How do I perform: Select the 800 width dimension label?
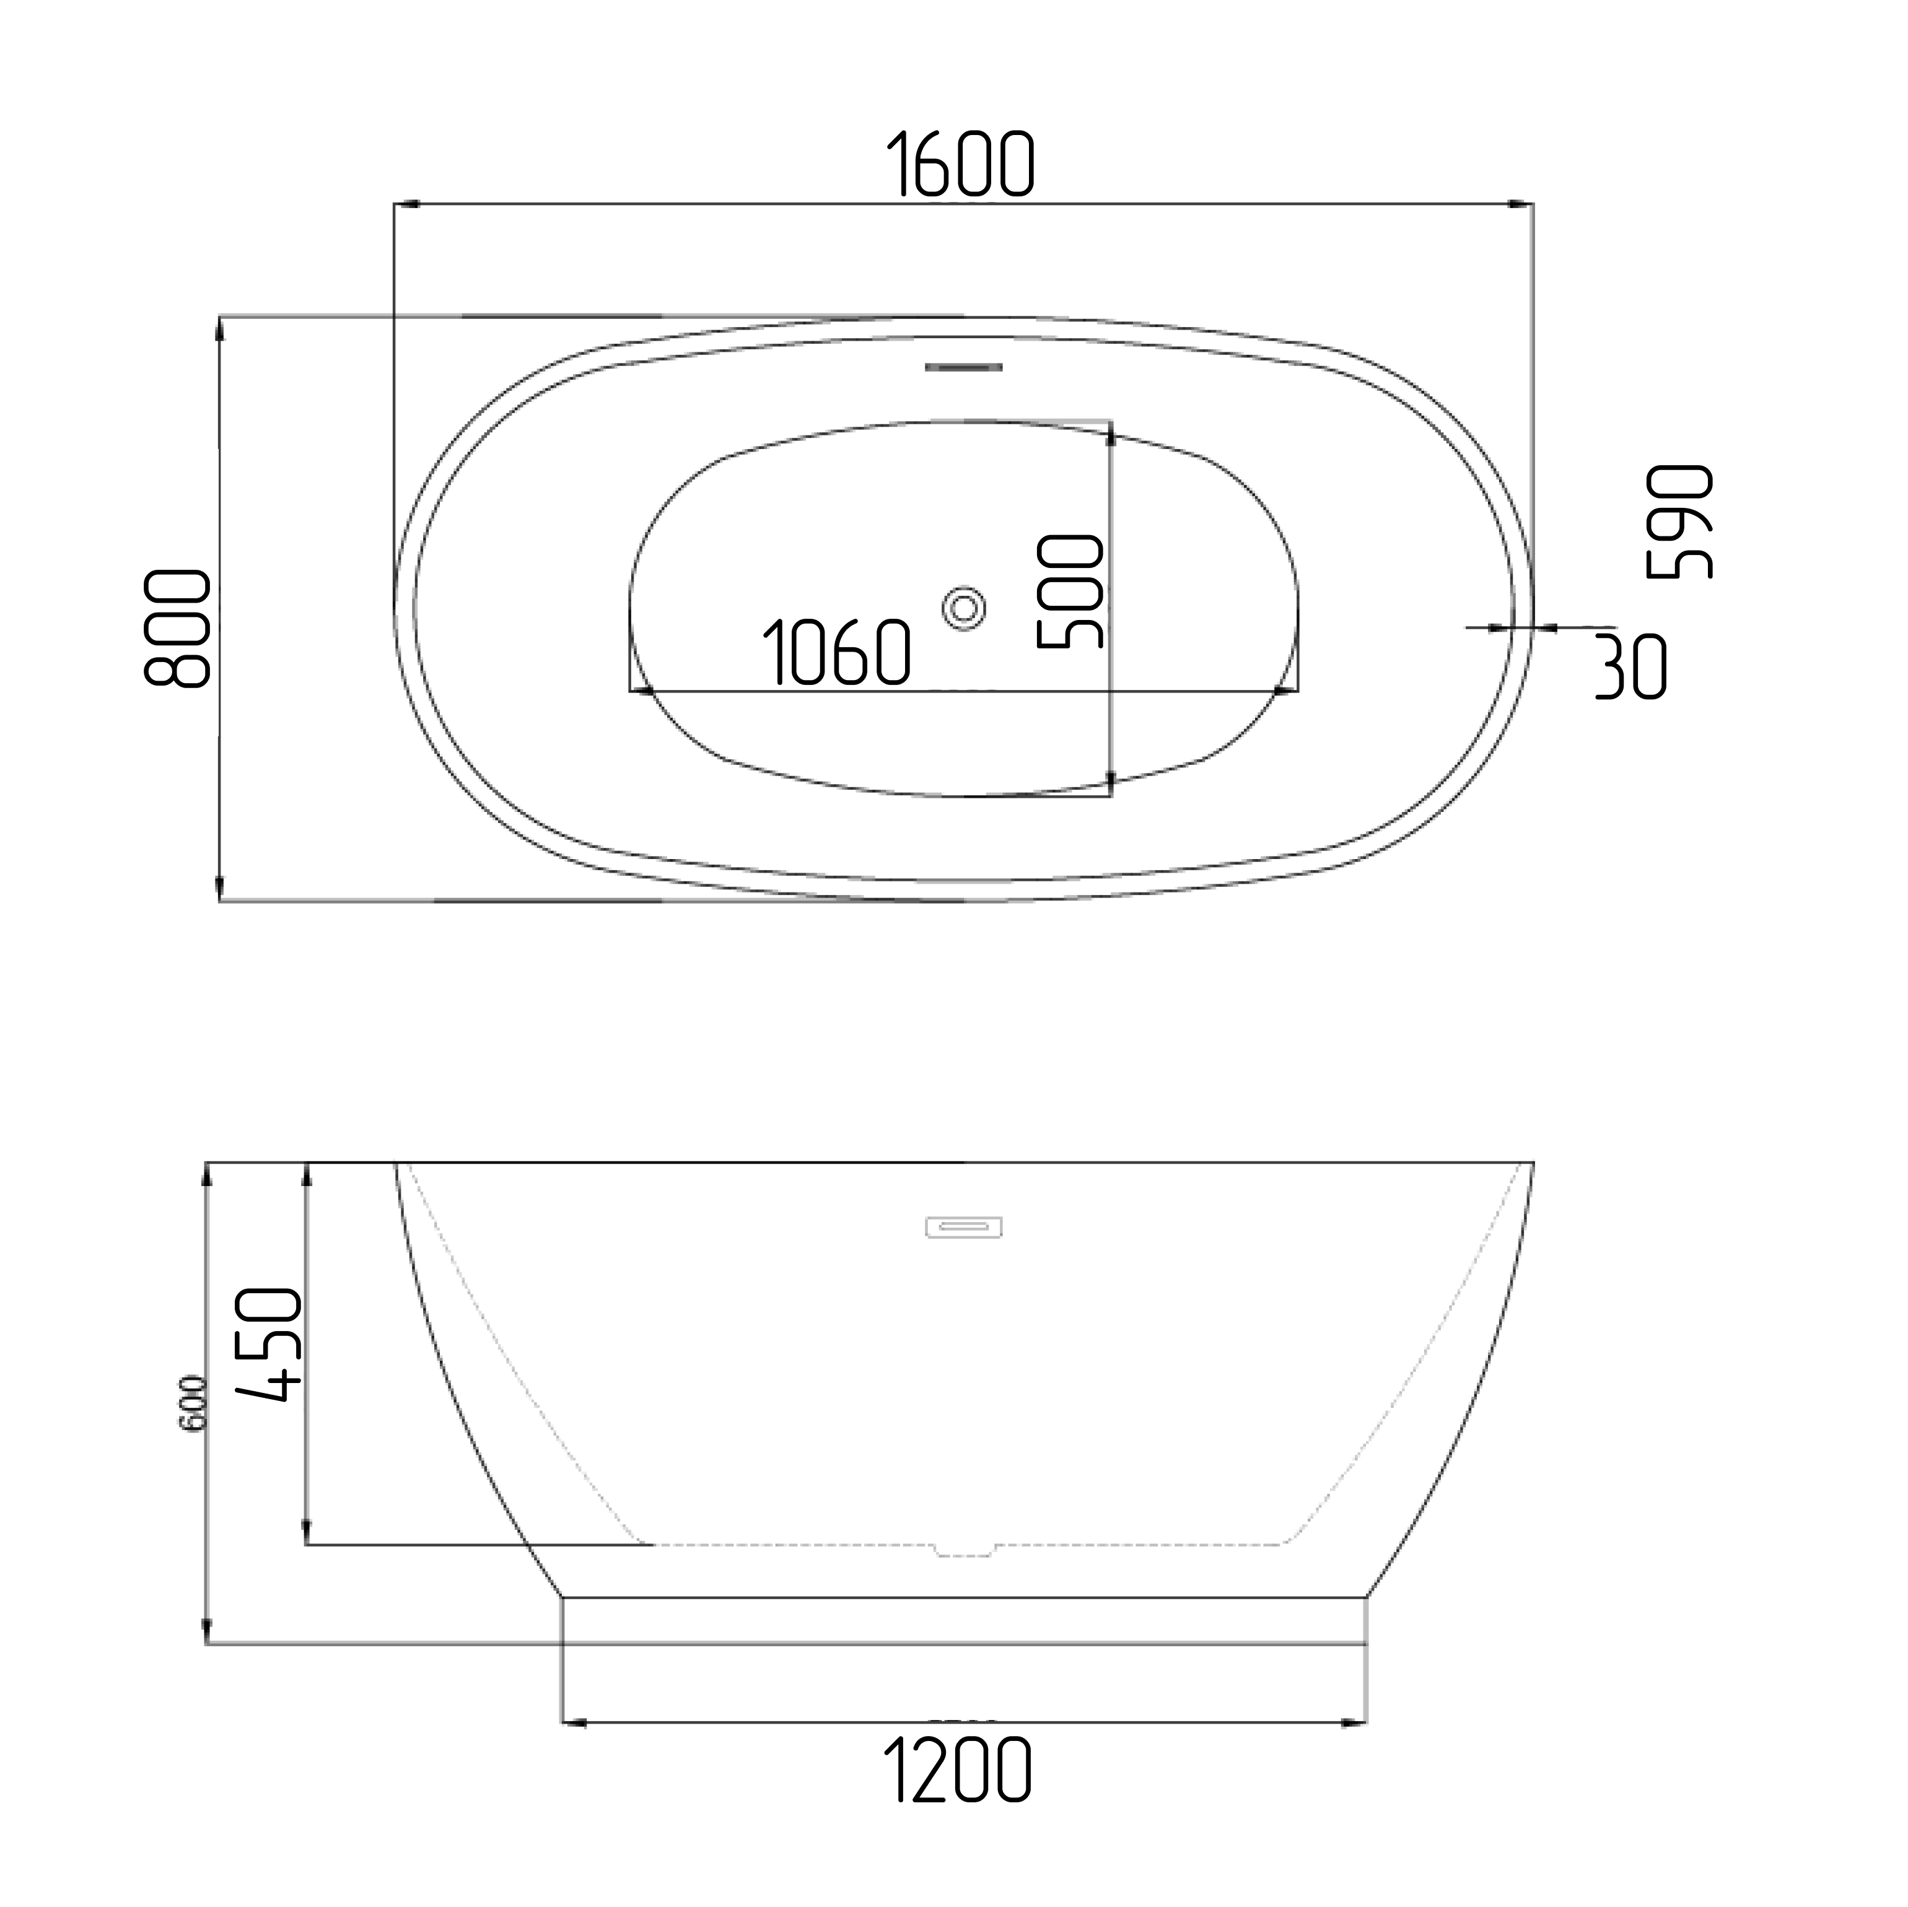pyautogui.click(x=178, y=628)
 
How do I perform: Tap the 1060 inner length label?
pyautogui.click(x=836, y=652)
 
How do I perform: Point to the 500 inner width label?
pyautogui.click(x=1070, y=591)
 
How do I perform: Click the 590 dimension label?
pyautogui.click(x=1680, y=521)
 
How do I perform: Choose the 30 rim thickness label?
pyautogui.click(x=1632, y=666)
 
